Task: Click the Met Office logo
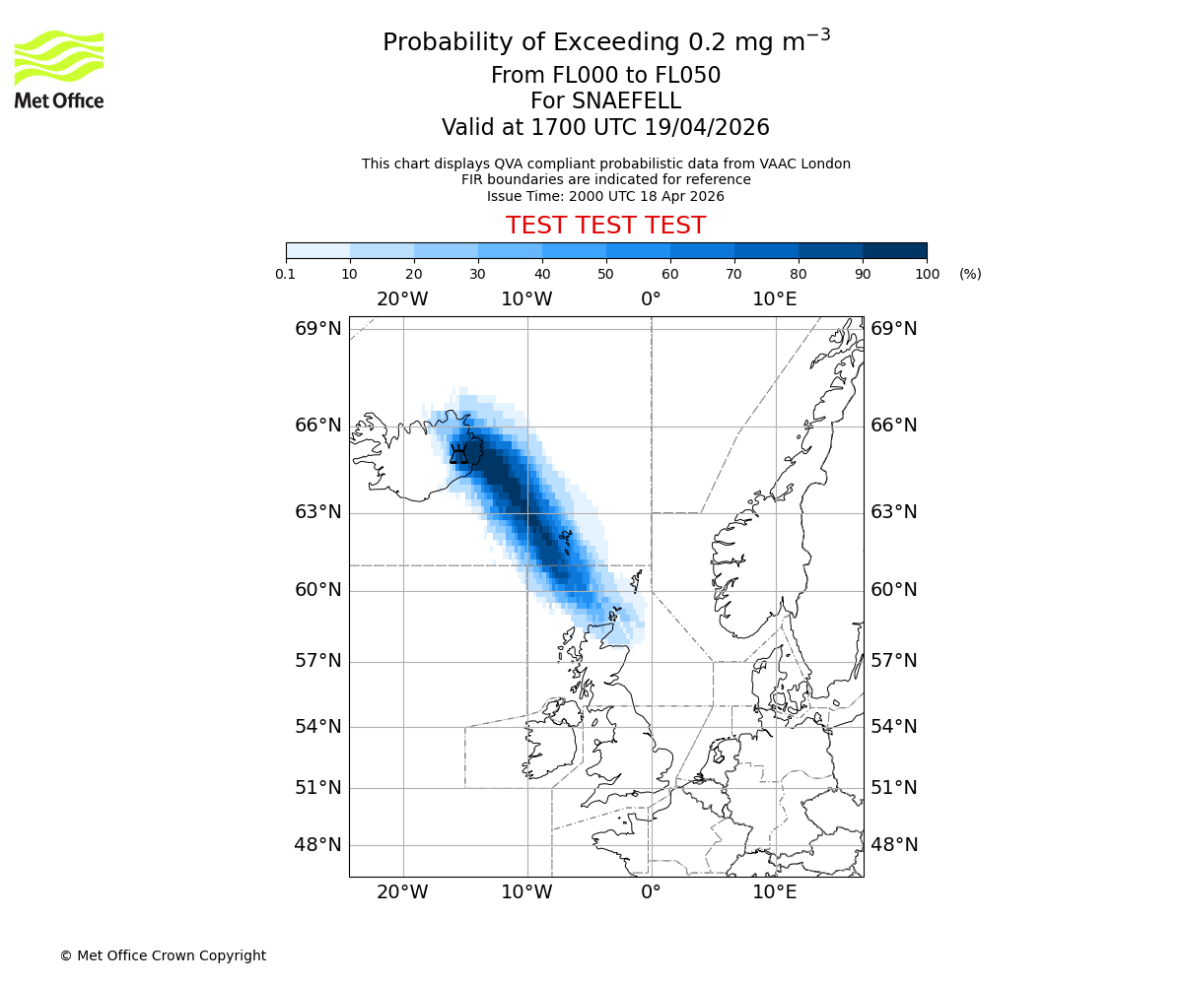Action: tap(59, 69)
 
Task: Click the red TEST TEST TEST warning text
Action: tap(605, 226)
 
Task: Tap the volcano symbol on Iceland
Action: tap(458, 454)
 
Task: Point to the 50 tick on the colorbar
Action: tap(605, 274)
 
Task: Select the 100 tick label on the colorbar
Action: tap(927, 274)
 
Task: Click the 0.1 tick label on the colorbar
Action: tap(286, 274)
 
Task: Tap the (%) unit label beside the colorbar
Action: tap(970, 274)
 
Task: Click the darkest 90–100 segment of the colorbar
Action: tap(894, 250)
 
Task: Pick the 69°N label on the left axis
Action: tap(317, 329)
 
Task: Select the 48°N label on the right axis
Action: tap(893, 845)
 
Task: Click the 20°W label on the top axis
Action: tap(402, 299)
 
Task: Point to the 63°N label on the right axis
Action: tap(893, 512)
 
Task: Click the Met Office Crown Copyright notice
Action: tap(163, 955)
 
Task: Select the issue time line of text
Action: tap(605, 196)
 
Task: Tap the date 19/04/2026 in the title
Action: tap(707, 128)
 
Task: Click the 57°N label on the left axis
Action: tap(317, 661)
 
